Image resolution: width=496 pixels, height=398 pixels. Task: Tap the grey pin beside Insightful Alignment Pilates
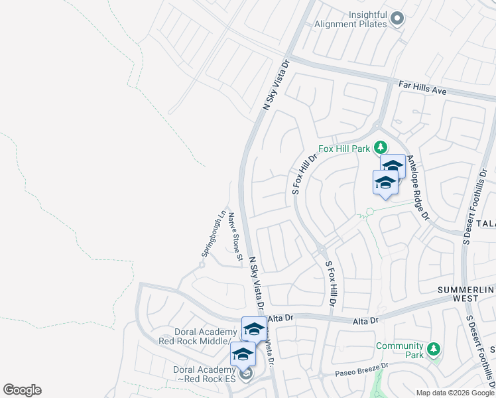(398, 19)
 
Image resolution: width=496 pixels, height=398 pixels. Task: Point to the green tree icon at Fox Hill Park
(381, 147)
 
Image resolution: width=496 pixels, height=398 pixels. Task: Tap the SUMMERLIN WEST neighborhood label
(467, 295)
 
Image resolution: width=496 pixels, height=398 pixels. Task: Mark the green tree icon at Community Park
(434, 348)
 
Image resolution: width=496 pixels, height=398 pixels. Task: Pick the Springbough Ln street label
(213, 235)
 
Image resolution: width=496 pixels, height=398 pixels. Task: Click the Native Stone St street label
(234, 233)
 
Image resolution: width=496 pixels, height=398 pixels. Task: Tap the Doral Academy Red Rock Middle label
(193, 336)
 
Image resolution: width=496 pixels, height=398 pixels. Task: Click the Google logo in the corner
(22, 390)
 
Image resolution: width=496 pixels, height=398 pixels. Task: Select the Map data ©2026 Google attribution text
(455, 393)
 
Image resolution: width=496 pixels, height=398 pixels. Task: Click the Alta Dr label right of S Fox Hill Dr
(365, 320)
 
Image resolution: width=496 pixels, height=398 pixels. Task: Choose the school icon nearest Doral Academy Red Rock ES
(243, 355)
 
